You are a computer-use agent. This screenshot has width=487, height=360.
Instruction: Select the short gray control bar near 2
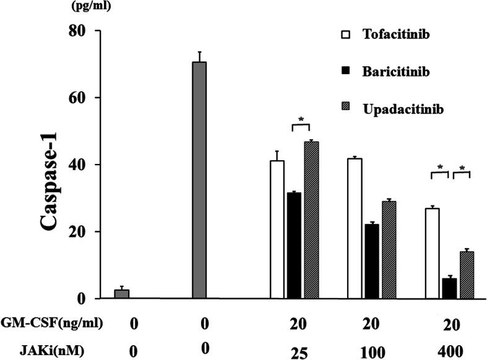tap(122, 294)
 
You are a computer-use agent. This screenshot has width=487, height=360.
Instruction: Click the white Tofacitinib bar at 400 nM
tap(433, 254)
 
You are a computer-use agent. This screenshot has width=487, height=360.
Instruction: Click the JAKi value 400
tap(449, 350)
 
